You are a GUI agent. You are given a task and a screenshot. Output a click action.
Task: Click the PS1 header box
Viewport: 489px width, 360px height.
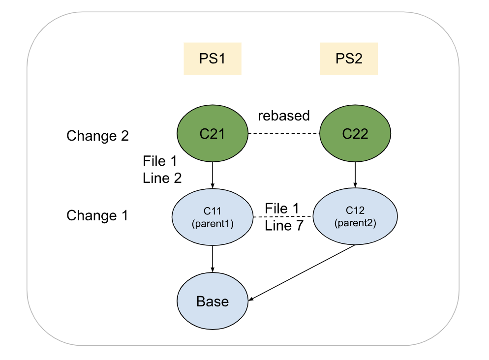[213, 59]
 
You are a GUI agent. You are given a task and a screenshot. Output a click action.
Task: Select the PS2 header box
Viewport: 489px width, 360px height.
[349, 59]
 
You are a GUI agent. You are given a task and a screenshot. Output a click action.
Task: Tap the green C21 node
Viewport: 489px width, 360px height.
[212, 133]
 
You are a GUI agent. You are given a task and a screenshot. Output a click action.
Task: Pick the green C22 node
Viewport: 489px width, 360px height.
[355, 133]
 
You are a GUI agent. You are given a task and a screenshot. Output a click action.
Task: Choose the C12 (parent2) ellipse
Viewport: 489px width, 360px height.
[355, 216]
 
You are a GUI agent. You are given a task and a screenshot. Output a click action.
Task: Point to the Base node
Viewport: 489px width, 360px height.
[213, 301]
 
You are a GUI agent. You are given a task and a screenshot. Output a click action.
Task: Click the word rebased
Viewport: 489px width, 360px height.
[284, 116]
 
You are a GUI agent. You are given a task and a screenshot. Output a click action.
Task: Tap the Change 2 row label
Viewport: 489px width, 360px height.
[97, 135]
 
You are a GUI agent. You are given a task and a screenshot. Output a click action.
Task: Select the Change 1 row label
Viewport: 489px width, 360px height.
[97, 215]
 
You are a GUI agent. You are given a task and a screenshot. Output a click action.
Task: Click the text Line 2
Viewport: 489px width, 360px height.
[162, 178]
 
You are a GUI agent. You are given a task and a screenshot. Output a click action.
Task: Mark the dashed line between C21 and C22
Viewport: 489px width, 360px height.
[283, 134]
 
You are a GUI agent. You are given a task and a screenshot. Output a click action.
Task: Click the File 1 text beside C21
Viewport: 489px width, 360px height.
[160, 161]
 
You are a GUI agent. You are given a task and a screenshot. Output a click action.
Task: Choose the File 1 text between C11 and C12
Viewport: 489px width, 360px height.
[282, 208]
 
